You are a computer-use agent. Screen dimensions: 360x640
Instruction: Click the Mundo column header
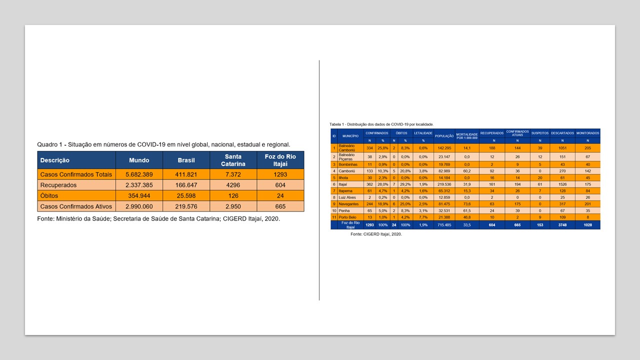pyautogui.click(x=139, y=160)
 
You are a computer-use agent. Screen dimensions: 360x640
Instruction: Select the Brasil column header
pyautogui.click(x=186, y=160)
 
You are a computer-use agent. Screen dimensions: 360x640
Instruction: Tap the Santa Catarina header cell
pyautogui.click(x=233, y=160)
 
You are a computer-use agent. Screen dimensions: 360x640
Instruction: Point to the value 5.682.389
pyautogui.click(x=139, y=174)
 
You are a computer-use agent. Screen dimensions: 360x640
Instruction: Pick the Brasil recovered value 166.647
pyautogui.click(x=186, y=185)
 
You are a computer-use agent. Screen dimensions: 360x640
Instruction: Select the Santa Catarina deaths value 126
pyautogui.click(x=233, y=195)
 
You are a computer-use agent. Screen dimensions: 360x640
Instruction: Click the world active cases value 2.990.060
pyautogui.click(x=139, y=206)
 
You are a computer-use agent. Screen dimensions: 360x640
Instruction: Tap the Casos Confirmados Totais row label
pyautogui.click(x=76, y=174)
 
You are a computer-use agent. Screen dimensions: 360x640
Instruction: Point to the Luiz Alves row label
pyautogui.click(x=347, y=197)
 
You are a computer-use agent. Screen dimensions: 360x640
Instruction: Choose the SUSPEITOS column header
pyautogui.click(x=539, y=133)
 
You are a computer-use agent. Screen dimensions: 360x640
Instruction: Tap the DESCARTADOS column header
pyautogui.click(x=562, y=133)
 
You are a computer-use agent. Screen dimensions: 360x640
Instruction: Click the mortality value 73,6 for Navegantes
pyautogui.click(x=467, y=204)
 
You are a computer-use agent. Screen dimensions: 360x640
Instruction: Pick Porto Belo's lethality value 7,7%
pyautogui.click(x=423, y=217)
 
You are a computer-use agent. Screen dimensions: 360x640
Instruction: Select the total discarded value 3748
pyautogui.click(x=562, y=225)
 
